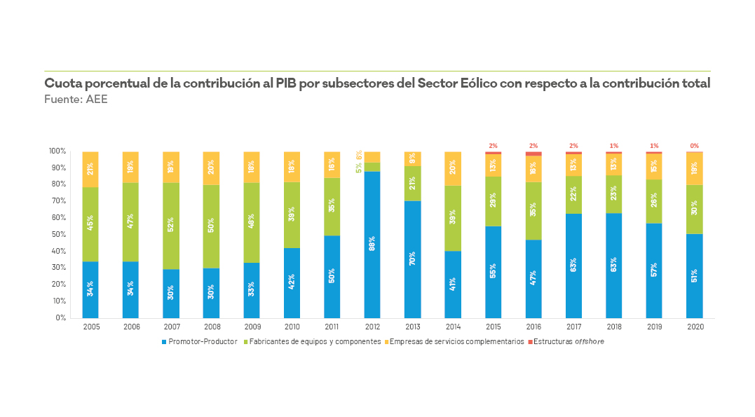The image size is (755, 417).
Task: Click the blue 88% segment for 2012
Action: [372, 244]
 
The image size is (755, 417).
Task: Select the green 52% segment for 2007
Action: [171, 226]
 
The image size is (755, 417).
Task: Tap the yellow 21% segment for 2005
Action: [90, 169]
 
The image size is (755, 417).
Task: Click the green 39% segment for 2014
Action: [453, 218]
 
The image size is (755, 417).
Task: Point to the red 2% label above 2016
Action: [533, 145]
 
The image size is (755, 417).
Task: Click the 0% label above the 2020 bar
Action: [695, 146]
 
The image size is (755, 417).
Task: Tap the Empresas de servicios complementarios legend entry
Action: [456, 341]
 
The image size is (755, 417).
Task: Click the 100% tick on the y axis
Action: [57, 151]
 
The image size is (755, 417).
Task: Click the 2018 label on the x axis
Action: [614, 326]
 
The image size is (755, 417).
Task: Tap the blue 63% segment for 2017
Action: [573, 265]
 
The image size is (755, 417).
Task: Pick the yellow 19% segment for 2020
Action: [695, 168]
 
